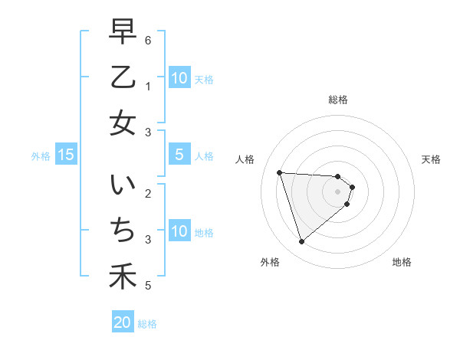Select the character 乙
(x=123, y=78)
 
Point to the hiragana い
(x=123, y=187)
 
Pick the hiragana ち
(x=123, y=231)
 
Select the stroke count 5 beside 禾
(x=148, y=286)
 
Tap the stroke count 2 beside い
(x=148, y=193)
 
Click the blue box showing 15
(x=66, y=155)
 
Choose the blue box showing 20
(x=123, y=323)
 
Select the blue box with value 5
(x=179, y=155)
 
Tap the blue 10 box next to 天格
(x=179, y=77)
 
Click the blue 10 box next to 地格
(x=179, y=231)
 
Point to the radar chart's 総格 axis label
(x=338, y=100)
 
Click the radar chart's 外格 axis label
(x=270, y=262)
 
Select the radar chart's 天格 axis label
(x=432, y=159)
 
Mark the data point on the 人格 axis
(x=280, y=172)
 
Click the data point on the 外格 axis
(x=302, y=242)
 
